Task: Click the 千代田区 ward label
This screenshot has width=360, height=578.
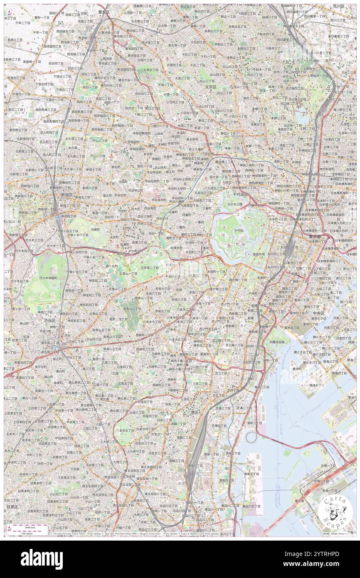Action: [x=240, y=194]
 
